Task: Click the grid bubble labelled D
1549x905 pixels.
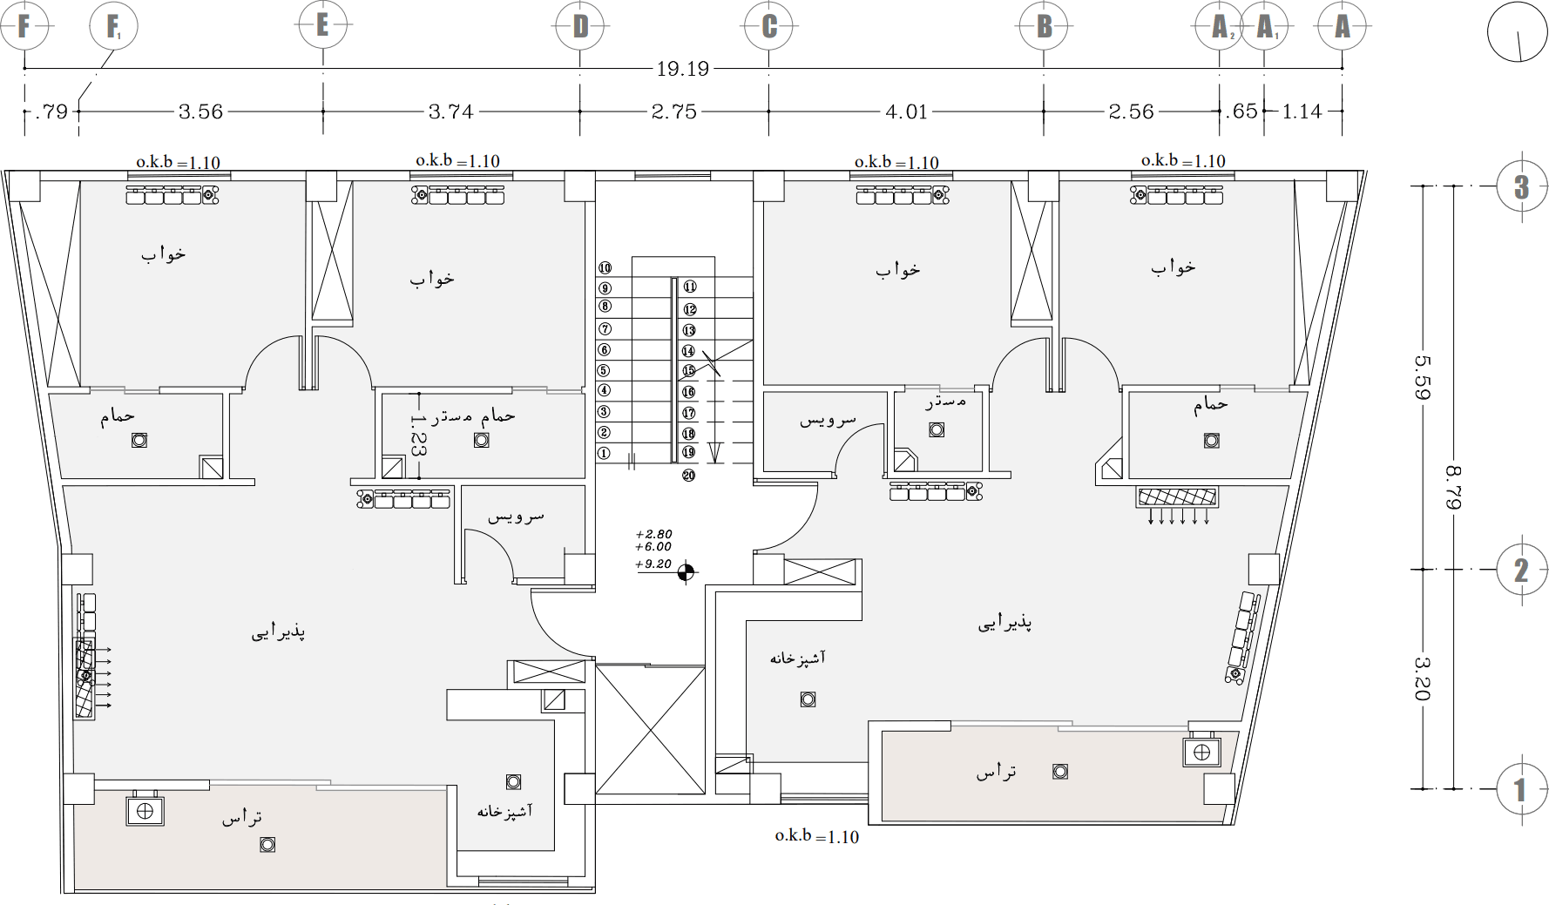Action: pyautogui.click(x=580, y=27)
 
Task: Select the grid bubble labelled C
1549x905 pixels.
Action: pyautogui.click(x=768, y=27)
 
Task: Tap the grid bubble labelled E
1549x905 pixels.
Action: pyautogui.click(x=322, y=25)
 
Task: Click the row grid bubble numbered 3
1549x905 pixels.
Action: pyautogui.click(x=1520, y=186)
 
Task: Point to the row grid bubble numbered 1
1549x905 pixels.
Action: pyautogui.click(x=1520, y=789)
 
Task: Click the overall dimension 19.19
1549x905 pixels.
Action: pyautogui.click(x=682, y=69)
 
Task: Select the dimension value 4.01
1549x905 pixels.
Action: pyautogui.click(x=906, y=111)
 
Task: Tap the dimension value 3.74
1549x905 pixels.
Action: pyautogui.click(x=450, y=111)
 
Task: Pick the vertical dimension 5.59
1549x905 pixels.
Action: pyautogui.click(x=1423, y=376)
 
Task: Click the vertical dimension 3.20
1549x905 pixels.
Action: pyautogui.click(x=1423, y=679)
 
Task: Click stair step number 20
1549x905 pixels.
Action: pyautogui.click(x=688, y=476)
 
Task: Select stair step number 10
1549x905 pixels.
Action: pyautogui.click(x=605, y=268)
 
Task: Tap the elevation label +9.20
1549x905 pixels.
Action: pyautogui.click(x=653, y=564)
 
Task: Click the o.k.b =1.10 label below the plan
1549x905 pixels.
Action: pyautogui.click(x=816, y=836)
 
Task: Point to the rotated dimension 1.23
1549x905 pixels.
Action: pyautogui.click(x=418, y=436)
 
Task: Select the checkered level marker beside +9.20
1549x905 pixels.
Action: pyautogui.click(x=687, y=572)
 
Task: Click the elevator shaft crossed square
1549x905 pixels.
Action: pyautogui.click(x=650, y=730)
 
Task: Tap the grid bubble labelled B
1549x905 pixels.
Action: pyautogui.click(x=1044, y=27)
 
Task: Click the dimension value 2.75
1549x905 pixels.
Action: pyautogui.click(x=673, y=111)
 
